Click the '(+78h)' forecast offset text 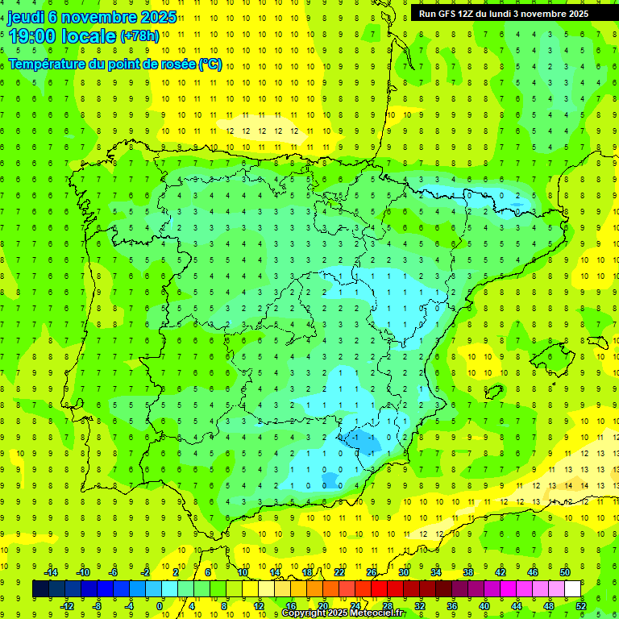pos(139,37)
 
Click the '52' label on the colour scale pos(581,605)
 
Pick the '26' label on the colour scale pos(372,572)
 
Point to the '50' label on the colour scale pos(565,572)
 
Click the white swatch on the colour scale pos(573,588)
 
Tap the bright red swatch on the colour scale pos(380,588)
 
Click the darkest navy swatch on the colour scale pos(41,588)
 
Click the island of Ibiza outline pos(493,393)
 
